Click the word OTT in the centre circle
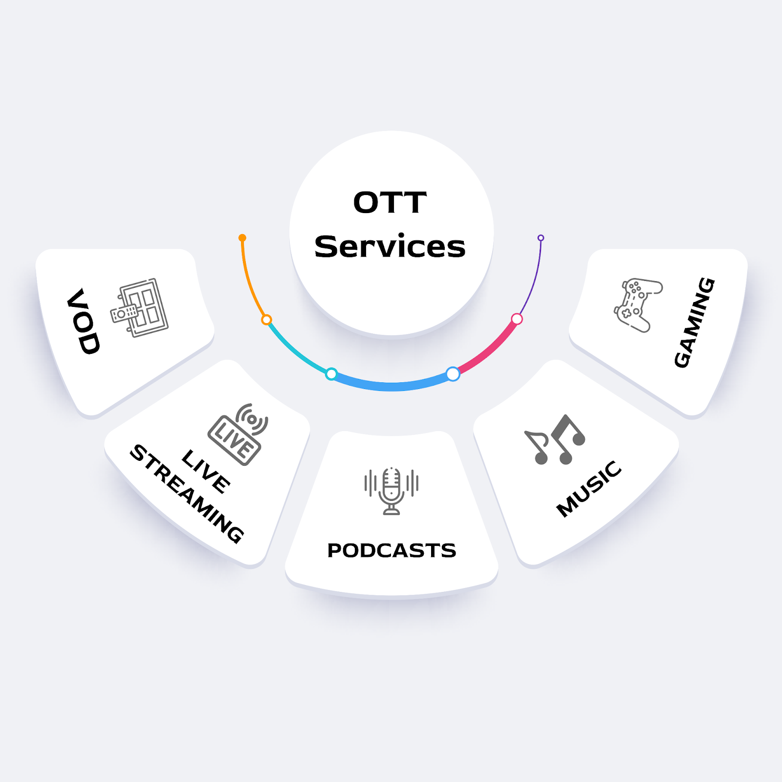(x=390, y=202)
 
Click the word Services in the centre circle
(x=390, y=246)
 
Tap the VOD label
(x=84, y=321)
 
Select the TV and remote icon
(x=140, y=307)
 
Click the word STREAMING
(x=187, y=494)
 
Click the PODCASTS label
(x=391, y=550)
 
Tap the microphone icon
(x=391, y=490)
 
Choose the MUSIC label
(x=589, y=488)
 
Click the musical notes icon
(x=555, y=440)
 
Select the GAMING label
(x=695, y=322)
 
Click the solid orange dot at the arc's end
(x=242, y=238)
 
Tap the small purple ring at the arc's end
(x=541, y=238)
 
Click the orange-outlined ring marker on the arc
(x=266, y=320)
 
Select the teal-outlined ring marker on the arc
(x=331, y=374)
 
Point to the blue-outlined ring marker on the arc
(x=453, y=374)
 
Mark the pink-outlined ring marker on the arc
(x=517, y=319)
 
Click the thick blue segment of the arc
(x=391, y=387)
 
